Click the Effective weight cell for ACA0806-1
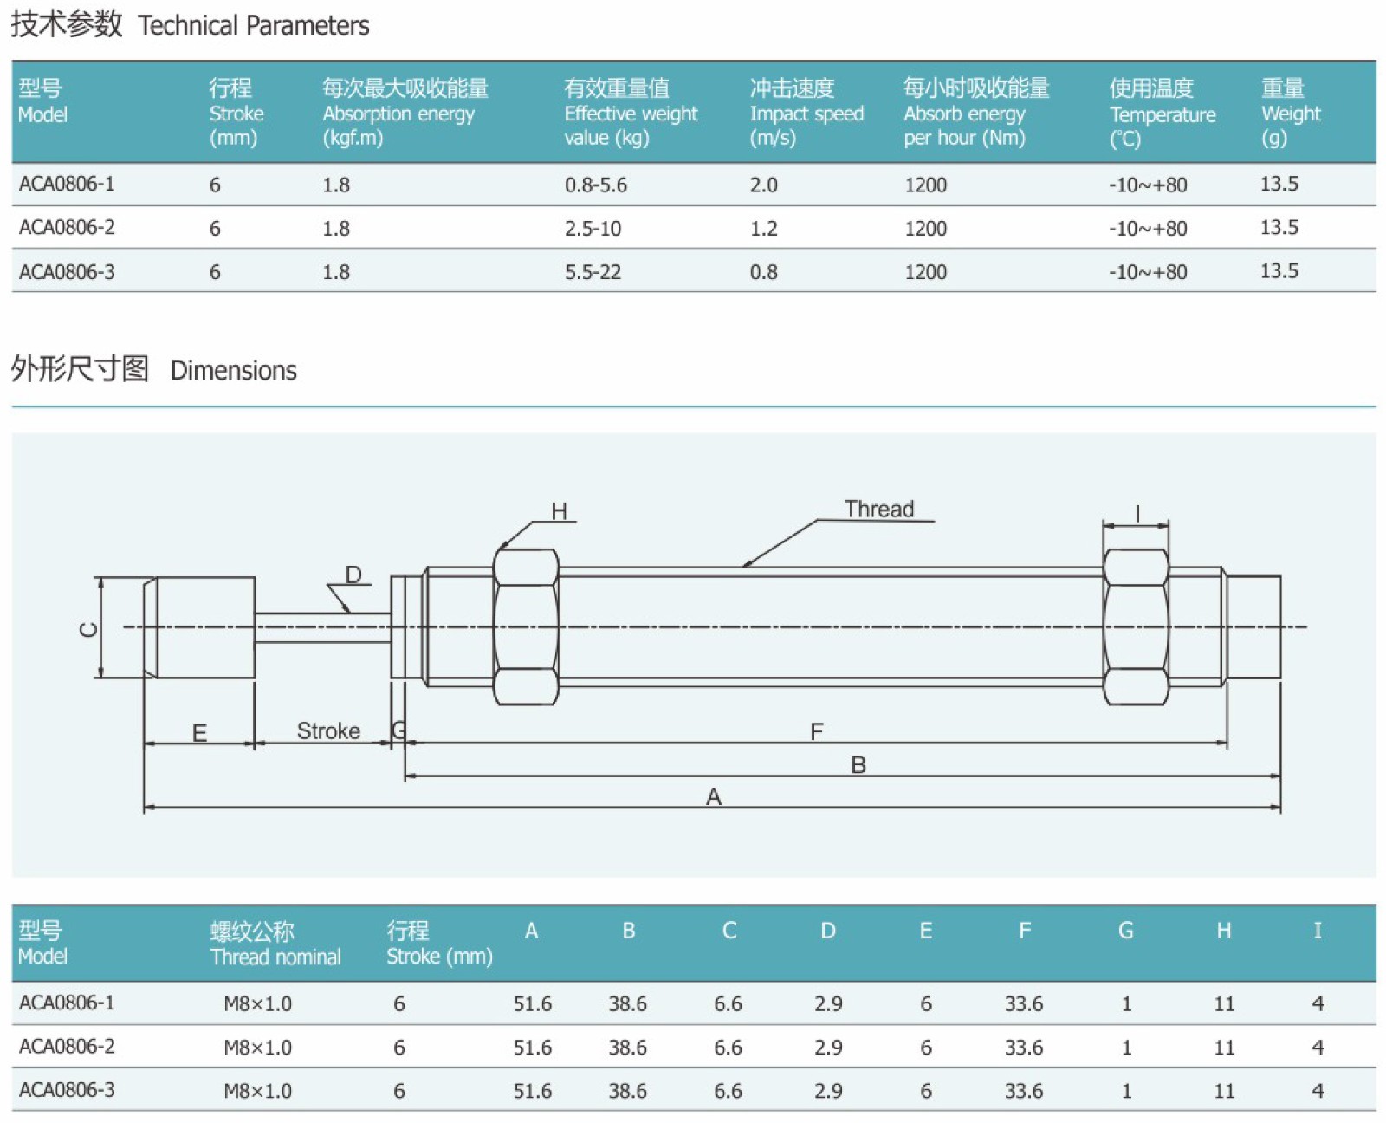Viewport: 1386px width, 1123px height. pos(595,185)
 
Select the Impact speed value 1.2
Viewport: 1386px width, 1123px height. pos(763,229)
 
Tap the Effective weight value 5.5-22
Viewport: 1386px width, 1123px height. pos(593,271)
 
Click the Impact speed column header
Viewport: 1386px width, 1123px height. pos(806,113)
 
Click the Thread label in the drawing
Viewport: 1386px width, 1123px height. pos(878,509)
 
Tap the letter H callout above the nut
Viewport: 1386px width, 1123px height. pos(559,511)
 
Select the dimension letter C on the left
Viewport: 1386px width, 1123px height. pos(88,629)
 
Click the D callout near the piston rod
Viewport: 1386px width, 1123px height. pos(353,574)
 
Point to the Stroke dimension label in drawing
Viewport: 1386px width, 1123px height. pos(328,730)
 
